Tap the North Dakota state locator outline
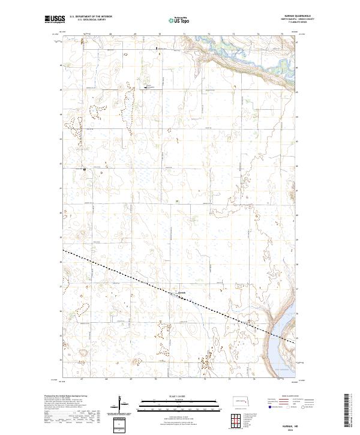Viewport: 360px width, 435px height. (239, 401)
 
